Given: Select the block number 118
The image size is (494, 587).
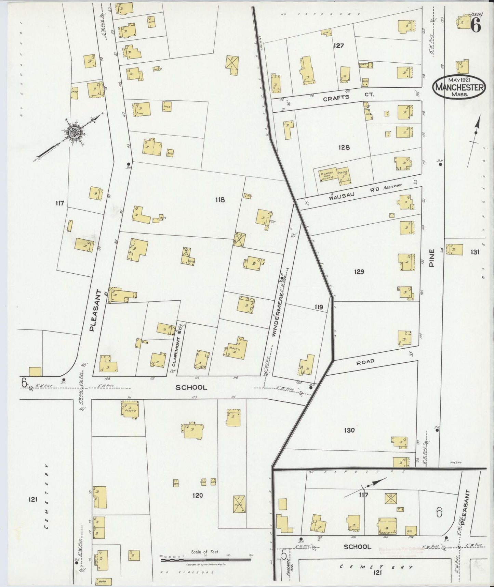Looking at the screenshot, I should coord(219,200).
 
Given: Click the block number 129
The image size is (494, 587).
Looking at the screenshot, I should coord(359,272).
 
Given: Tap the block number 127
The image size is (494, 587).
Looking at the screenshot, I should coord(338,46).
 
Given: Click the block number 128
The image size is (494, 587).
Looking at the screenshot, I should coord(344,147).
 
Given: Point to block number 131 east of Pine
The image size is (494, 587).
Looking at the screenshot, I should coord(475,252).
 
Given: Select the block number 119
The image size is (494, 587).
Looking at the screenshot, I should coord(319,307).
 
